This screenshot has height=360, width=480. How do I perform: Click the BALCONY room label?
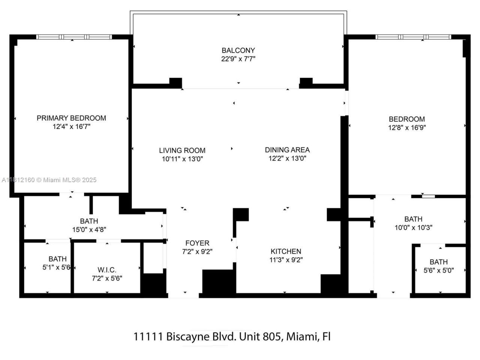[238, 50]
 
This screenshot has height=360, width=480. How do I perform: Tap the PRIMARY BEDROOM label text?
[71, 118]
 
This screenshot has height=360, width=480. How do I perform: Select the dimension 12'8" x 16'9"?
[407, 128]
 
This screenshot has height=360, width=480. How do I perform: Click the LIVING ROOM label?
[182, 150]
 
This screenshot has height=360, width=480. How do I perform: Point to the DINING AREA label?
[287, 150]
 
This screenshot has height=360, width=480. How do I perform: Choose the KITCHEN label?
[286, 251]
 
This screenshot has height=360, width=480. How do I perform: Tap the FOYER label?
[197, 243]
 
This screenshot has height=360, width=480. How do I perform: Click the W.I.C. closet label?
[107, 270]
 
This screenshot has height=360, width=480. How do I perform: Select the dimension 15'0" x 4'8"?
[89, 229]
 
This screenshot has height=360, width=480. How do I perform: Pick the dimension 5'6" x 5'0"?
[438, 270]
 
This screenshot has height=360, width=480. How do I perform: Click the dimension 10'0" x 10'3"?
[413, 227]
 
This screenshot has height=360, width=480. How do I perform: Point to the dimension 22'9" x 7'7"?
[238, 59]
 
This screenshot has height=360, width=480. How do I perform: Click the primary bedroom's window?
[74, 37]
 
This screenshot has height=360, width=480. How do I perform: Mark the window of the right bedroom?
[413, 37]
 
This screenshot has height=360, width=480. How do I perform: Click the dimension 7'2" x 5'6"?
[107, 278]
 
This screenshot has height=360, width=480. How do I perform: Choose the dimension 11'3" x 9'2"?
[286, 260]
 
